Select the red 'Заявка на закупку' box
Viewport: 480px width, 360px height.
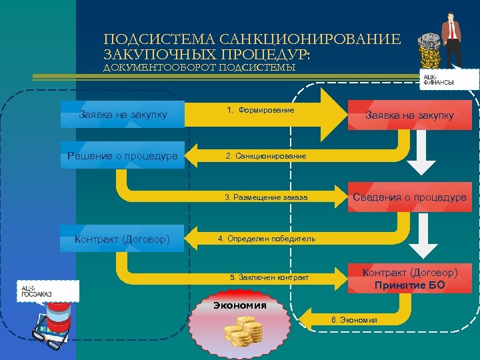click(409, 115)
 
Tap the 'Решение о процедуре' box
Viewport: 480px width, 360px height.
click(122, 156)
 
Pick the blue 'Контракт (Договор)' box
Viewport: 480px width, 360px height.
click(122, 239)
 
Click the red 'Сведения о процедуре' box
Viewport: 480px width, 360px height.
click(409, 197)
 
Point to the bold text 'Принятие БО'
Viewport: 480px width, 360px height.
click(409, 285)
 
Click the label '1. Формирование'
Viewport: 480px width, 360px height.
click(261, 109)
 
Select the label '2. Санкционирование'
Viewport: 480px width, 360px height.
click(266, 156)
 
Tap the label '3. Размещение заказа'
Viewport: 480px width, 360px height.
click(266, 197)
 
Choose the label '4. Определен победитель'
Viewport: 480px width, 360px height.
click(267, 239)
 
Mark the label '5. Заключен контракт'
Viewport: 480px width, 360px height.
click(269, 277)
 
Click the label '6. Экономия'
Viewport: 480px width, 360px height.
click(354, 320)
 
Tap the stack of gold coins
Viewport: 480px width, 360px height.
click(242, 331)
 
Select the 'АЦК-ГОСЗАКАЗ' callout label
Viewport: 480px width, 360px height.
click(37, 291)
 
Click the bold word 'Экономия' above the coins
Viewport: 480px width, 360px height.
click(239, 306)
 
